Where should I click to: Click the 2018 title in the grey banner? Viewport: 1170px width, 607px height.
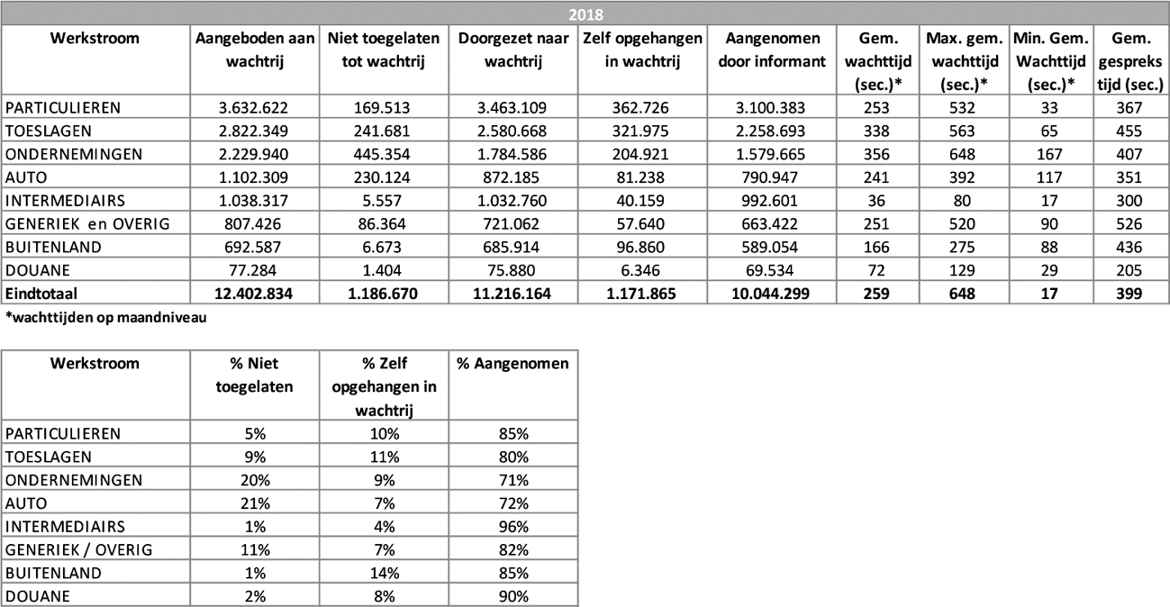click(585, 14)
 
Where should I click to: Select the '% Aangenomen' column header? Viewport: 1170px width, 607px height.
click(512, 364)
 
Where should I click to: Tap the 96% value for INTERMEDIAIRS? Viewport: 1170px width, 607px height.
click(512, 526)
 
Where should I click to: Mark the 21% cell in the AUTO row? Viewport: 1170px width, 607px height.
click(254, 503)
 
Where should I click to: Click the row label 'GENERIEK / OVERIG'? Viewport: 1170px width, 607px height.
click(79, 549)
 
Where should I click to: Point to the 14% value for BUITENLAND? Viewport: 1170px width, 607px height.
click(384, 573)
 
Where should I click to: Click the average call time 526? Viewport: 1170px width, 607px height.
click(1130, 223)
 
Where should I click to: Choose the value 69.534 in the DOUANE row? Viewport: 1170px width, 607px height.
click(772, 270)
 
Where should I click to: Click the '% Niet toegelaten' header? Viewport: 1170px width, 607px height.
click(254, 376)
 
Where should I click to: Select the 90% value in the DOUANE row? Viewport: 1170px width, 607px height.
click(512, 596)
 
